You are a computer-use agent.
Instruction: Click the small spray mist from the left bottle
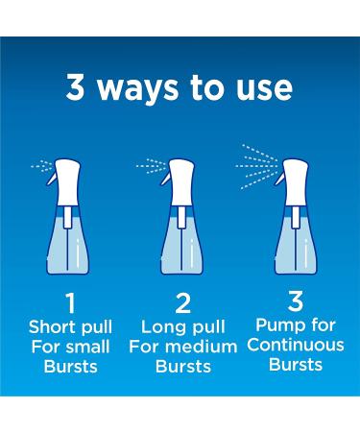tap(40, 165)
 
